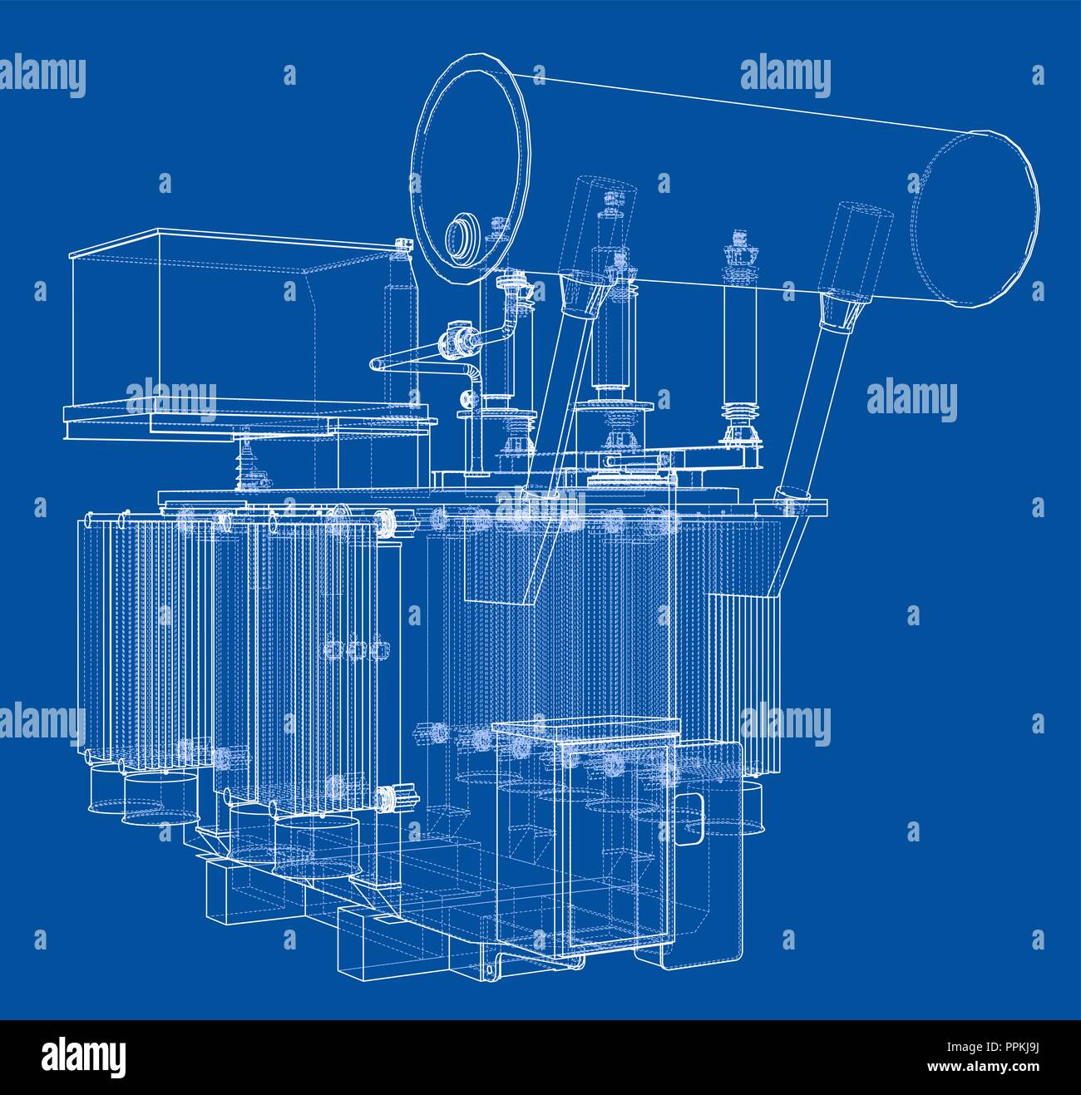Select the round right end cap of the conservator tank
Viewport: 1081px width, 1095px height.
tap(975, 219)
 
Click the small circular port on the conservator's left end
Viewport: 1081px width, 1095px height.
tap(459, 235)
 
